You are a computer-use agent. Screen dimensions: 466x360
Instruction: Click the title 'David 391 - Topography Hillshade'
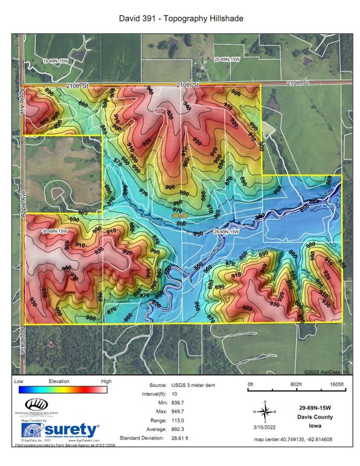click(180, 19)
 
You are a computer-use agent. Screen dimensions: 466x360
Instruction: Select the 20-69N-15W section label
click(227, 59)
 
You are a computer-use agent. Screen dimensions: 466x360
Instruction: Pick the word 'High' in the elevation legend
click(106, 382)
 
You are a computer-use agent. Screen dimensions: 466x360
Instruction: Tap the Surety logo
click(60, 431)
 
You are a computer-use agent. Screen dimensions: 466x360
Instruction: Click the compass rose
click(264, 412)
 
